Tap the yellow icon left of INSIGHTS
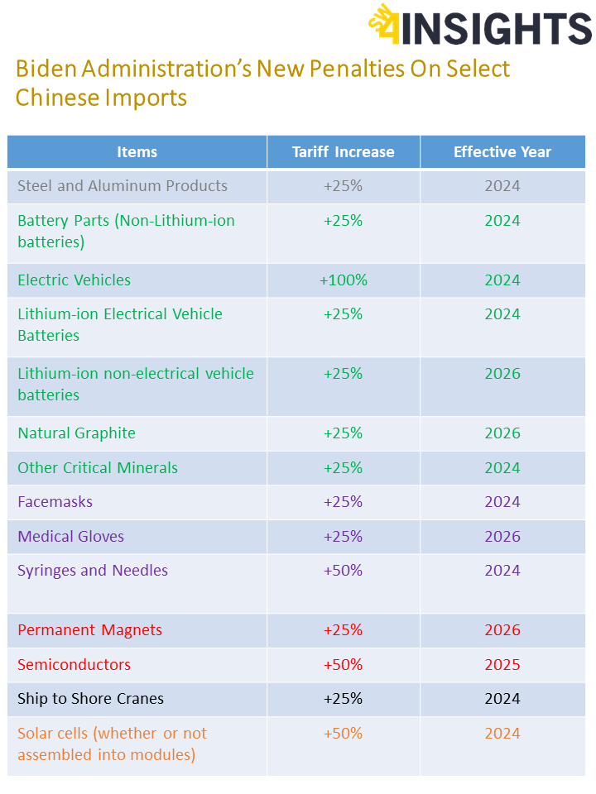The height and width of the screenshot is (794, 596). [x=384, y=25]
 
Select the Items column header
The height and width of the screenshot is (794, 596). [x=137, y=152]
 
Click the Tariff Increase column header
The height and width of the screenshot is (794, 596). [x=343, y=152]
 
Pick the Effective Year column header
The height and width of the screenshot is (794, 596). [x=502, y=152]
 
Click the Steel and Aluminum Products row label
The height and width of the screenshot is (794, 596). [x=123, y=186]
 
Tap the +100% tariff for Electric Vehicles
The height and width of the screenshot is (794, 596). [x=343, y=280]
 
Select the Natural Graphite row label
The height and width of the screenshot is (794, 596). [x=76, y=433]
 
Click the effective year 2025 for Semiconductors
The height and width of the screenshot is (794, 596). [x=502, y=665]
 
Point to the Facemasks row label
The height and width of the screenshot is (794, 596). [x=55, y=502]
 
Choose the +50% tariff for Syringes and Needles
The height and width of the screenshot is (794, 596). [x=343, y=571]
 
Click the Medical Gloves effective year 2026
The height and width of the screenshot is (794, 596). [x=502, y=537]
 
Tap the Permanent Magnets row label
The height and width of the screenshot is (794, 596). [x=89, y=630]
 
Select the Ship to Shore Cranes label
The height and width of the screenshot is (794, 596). [x=90, y=699]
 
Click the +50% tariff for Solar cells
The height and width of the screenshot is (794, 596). [x=343, y=734]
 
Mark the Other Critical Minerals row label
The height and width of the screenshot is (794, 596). [x=98, y=468]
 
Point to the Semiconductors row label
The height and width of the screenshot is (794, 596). [x=74, y=665]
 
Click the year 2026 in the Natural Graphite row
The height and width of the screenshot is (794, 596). [x=502, y=433]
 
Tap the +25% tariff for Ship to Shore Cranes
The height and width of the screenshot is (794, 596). [x=343, y=699]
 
